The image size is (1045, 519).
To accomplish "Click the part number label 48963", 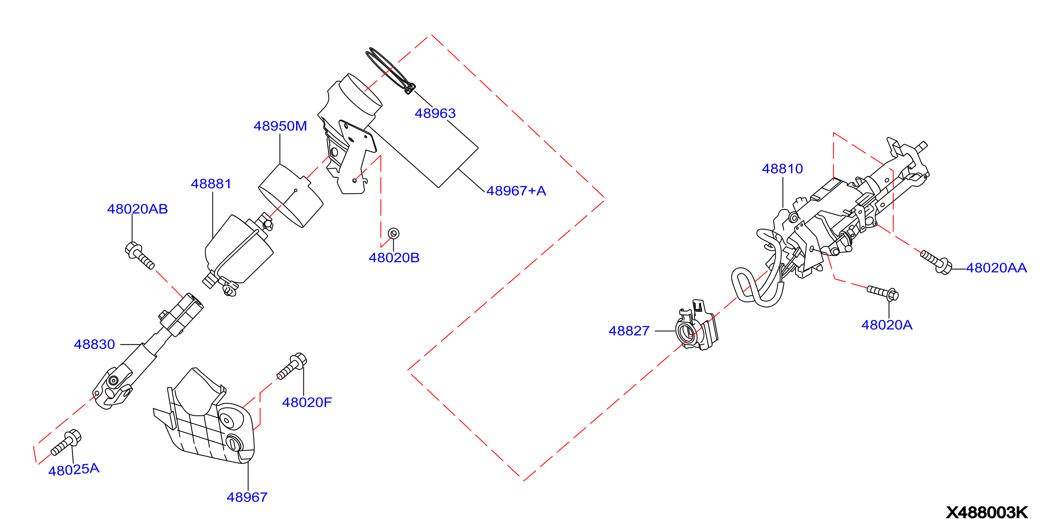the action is (x=435, y=113).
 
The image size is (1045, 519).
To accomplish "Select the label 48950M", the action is (x=280, y=126).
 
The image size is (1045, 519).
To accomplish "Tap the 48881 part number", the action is (x=211, y=184).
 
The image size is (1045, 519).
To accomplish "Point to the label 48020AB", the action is (x=137, y=209).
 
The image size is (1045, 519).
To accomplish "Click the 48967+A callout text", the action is (x=516, y=191).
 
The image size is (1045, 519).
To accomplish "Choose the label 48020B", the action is (x=394, y=257).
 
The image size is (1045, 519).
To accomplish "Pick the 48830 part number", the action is (x=94, y=344).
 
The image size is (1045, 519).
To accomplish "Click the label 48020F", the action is (x=307, y=402).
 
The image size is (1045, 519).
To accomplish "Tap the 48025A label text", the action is (x=74, y=470).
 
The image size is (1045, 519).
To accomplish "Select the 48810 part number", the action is (x=782, y=169).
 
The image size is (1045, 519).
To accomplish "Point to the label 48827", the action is (x=629, y=331).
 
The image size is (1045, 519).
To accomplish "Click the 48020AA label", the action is (x=996, y=268).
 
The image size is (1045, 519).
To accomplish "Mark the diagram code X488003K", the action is (x=987, y=512).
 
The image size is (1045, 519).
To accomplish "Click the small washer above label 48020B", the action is (x=393, y=233).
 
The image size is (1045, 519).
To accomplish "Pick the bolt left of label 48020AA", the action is (x=936, y=262).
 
